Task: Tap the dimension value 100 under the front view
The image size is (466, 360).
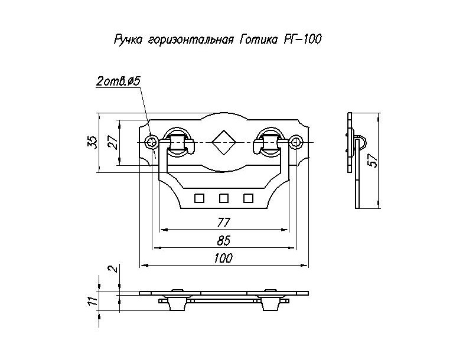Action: coord(223,258)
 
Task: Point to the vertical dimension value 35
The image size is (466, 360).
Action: coord(92,142)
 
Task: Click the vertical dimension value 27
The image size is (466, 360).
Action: coord(113,143)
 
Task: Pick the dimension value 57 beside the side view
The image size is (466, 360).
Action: coord(373,160)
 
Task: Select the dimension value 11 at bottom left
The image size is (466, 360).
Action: coord(92,300)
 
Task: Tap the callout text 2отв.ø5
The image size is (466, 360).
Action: coord(117,82)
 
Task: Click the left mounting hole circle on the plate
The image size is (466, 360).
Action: coord(151,142)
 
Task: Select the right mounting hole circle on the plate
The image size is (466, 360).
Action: coord(295,142)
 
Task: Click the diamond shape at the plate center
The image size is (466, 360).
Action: coord(223,142)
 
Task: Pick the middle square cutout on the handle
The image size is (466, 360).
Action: coord(223,198)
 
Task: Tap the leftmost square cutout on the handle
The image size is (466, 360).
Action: coord(199,198)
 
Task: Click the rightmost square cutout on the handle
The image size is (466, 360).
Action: coord(248,198)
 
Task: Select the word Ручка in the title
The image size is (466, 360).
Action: coord(126,41)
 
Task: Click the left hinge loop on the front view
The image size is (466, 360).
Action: coord(177,142)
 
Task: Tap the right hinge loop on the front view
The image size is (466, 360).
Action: coord(269,142)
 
